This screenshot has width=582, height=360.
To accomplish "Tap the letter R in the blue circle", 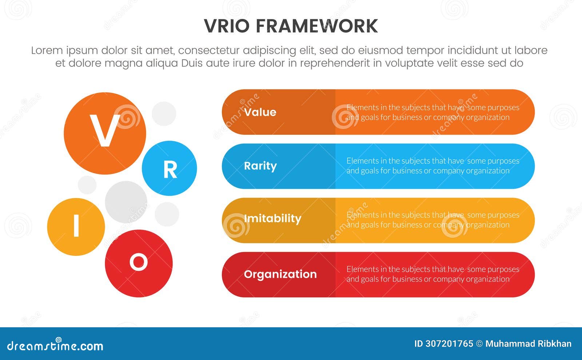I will coord(170,169).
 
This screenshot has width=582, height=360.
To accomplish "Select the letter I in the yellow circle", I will coord(76,226).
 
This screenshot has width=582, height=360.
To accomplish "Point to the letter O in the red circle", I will coord(139,262).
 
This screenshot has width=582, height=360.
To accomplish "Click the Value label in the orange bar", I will coord(260,112).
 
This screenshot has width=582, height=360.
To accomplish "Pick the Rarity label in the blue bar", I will coord(260,166).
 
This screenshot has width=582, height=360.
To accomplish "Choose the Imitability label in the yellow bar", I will coord(272,219).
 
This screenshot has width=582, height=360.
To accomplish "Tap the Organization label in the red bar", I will coord(280,274).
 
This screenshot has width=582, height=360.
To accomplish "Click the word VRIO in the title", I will coord(227,26).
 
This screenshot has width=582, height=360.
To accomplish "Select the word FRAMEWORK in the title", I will coord(316,26).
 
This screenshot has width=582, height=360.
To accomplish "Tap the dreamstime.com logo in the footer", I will coord(55,346).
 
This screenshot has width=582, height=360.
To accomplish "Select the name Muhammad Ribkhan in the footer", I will coord(528,344).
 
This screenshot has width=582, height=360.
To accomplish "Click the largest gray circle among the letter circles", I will coord(126,202).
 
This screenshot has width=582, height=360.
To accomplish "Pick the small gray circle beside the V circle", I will coord(164,114).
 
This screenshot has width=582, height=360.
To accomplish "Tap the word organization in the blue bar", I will coord(487,171).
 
